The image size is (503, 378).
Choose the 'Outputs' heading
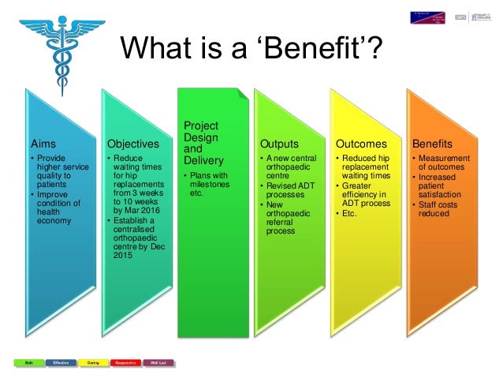[x=278, y=144]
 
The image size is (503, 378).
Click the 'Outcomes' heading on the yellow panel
[x=361, y=144]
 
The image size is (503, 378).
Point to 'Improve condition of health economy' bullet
[x=53, y=207]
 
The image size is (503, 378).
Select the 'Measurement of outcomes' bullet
[x=445, y=162]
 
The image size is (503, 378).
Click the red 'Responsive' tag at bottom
[x=126, y=362]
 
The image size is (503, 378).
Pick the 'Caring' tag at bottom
[x=93, y=362]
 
